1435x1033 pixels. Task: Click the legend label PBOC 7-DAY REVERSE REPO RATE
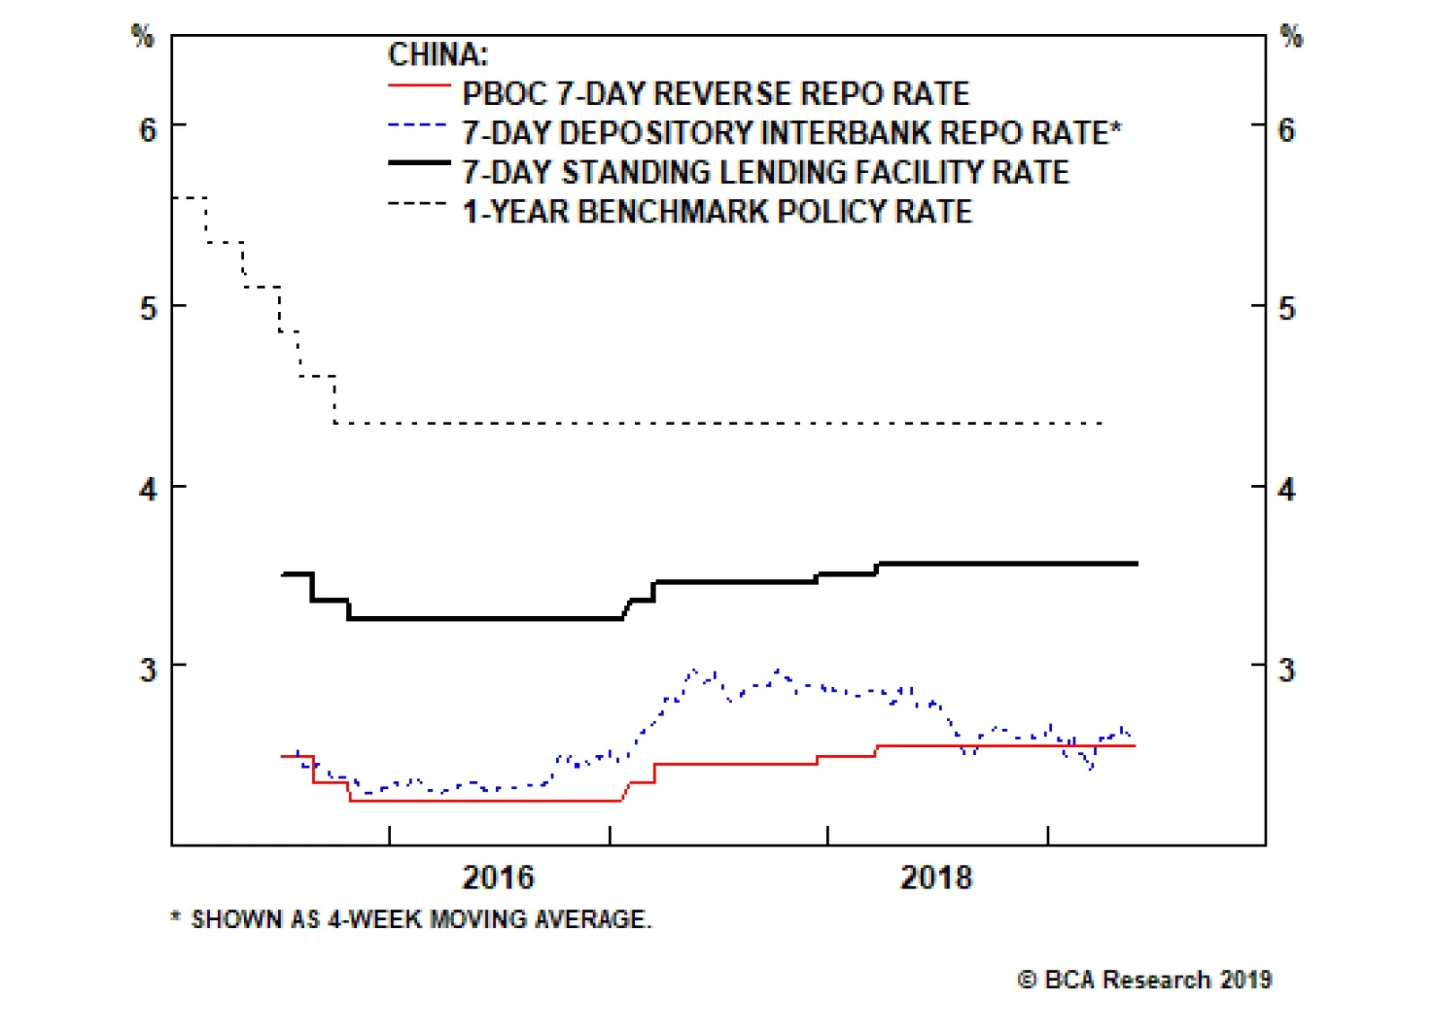tap(716, 93)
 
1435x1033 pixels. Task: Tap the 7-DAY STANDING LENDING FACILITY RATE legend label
tap(765, 171)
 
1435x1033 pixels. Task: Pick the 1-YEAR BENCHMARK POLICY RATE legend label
tap(717, 212)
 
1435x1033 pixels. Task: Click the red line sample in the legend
tap(419, 86)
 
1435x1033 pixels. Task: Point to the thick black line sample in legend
tap(419, 163)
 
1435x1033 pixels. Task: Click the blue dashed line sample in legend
tap(419, 126)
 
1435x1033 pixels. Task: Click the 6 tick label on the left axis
tap(148, 130)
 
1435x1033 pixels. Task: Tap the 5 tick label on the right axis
tap(1286, 309)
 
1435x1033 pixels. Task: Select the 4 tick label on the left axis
tap(148, 490)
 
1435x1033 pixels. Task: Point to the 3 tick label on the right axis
tap(1286, 670)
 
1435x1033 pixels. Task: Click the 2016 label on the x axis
tap(498, 877)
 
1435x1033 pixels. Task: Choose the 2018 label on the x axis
tap(935, 877)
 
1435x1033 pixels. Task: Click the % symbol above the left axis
tap(143, 37)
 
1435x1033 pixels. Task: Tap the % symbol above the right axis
tap(1291, 37)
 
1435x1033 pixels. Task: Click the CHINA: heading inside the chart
tap(438, 55)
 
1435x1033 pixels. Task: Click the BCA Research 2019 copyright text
tap(1144, 979)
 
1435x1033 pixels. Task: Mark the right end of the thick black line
tap(1136, 564)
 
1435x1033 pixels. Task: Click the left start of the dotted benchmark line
tap(174, 197)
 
